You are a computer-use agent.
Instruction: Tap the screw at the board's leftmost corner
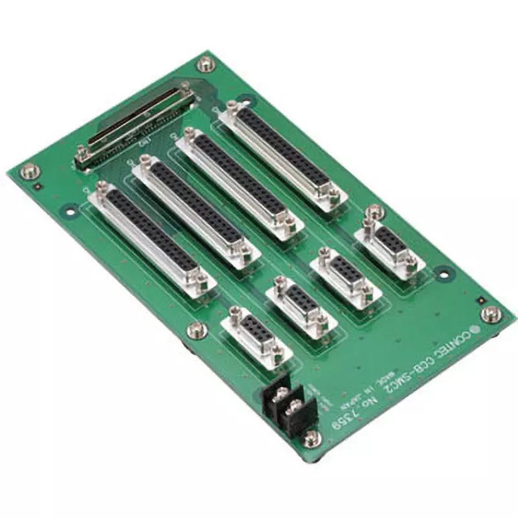point(30,172)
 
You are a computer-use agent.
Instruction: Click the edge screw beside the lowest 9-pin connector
point(194,331)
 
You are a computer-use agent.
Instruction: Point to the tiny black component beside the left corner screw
point(39,187)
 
